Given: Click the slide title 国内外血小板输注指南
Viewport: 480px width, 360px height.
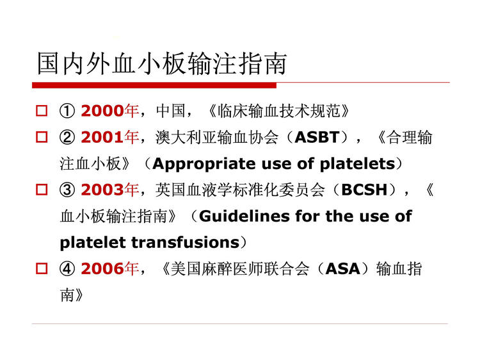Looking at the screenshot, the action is (162, 63).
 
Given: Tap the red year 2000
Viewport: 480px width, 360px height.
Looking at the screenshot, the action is (102, 111).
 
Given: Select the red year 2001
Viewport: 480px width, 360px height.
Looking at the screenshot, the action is (102, 137).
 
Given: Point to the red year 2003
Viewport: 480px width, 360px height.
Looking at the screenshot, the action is (102, 190).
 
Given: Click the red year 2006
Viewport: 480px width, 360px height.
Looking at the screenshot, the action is (102, 268).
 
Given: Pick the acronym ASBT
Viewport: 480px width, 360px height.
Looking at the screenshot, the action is (317, 137).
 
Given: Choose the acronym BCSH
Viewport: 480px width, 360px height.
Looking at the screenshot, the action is (364, 190).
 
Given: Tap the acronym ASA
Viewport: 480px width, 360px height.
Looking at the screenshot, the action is (342, 268).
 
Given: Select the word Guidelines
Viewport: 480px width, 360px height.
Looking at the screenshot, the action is (244, 217).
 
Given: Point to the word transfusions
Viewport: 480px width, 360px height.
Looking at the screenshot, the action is (186, 243).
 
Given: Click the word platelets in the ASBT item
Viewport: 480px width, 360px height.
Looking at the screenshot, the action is (357, 164).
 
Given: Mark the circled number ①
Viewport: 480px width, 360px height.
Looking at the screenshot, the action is (67, 111).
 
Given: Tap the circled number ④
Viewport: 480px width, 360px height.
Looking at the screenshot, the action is (67, 268).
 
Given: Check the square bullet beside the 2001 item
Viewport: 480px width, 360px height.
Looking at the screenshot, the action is (42, 137).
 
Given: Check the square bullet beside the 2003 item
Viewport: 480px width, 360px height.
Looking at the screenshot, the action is (42, 190).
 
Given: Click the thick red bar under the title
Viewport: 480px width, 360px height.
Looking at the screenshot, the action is (154, 85).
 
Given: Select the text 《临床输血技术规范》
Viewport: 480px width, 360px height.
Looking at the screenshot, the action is (278, 111).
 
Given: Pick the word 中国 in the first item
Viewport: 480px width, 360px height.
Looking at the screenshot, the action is (170, 111).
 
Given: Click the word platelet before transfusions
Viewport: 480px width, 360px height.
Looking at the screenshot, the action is (93, 243).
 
